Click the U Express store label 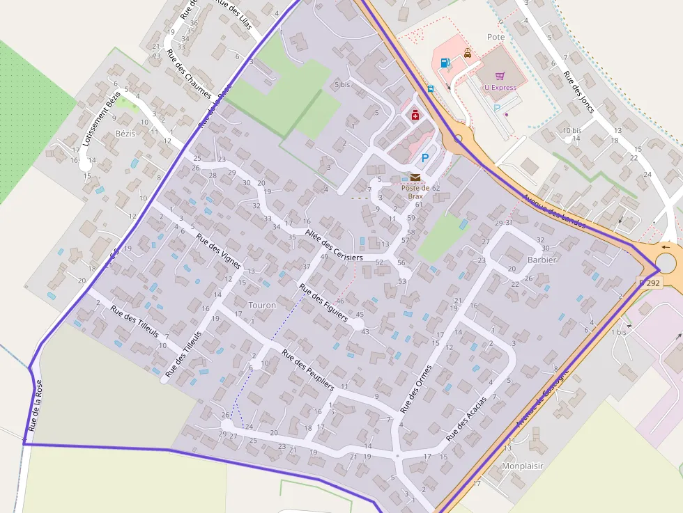(500, 88)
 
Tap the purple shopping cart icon (500, 76)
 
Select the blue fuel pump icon (445, 63)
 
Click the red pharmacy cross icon (415, 116)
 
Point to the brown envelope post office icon (415, 177)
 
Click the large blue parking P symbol (425, 159)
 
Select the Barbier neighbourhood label (542, 260)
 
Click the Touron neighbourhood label (262, 305)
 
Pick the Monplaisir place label (522, 466)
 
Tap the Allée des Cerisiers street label (334, 245)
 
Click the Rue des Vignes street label (218, 251)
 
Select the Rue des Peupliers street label (307, 368)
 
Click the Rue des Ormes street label (415, 387)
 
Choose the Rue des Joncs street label (578, 93)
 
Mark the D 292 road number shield (649, 283)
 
